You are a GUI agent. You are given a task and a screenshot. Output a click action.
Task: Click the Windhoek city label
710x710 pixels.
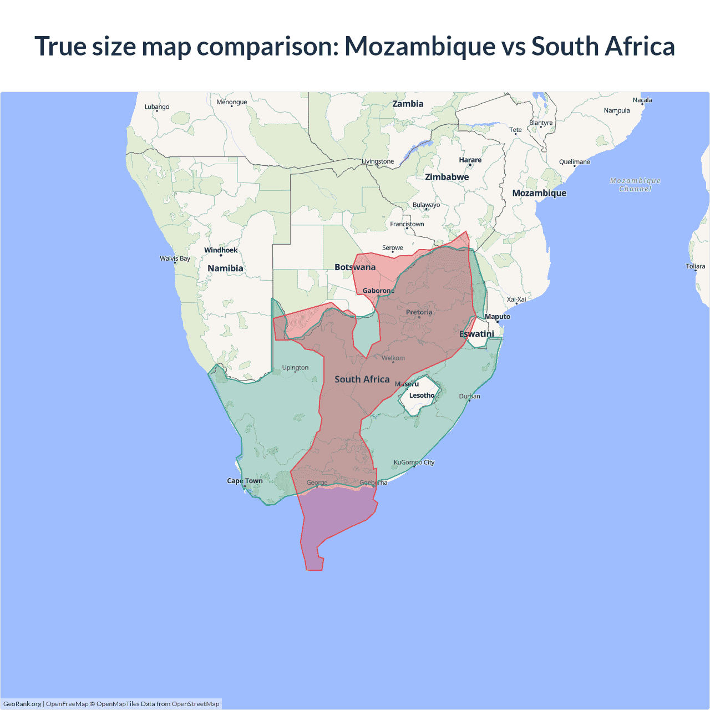[221, 250]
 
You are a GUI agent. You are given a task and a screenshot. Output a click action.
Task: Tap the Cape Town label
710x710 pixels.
[245, 481]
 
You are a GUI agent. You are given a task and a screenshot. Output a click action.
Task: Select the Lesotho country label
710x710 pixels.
[422, 395]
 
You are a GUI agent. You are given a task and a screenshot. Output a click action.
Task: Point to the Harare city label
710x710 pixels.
[470, 160]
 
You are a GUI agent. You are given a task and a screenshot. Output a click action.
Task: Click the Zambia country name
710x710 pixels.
[408, 104]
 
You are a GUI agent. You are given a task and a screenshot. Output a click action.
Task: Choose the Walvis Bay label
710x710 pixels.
[175, 258]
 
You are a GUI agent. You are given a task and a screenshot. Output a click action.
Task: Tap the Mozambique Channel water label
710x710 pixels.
[635, 185]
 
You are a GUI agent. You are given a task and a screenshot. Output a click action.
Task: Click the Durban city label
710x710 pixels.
[469, 396]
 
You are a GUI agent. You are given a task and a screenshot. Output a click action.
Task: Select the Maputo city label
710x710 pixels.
[498, 317]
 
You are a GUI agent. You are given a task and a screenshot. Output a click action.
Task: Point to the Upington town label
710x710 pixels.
[295, 368]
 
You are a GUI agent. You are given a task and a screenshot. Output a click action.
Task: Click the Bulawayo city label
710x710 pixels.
[426, 205]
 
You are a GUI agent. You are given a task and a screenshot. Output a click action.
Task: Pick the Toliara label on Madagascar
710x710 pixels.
[695, 266]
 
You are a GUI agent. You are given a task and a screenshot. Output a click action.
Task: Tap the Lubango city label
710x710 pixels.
[157, 106]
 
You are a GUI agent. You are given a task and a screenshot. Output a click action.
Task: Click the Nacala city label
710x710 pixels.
[642, 100]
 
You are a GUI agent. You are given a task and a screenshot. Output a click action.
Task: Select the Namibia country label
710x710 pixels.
[225, 268]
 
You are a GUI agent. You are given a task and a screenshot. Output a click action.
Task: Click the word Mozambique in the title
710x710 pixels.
[420, 46]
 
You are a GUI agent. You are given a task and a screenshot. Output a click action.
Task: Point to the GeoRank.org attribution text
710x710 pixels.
[22, 704]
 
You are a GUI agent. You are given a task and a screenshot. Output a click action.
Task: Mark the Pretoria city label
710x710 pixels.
[419, 312]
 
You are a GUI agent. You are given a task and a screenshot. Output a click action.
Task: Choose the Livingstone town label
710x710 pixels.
[378, 161]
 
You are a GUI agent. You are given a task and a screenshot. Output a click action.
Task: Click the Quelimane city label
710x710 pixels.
[575, 162]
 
